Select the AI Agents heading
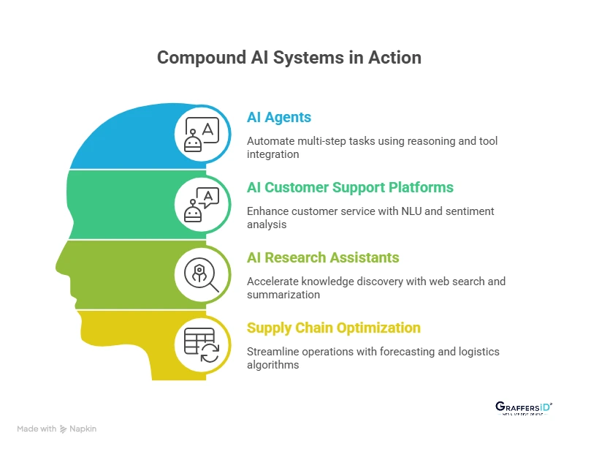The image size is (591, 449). (278, 117)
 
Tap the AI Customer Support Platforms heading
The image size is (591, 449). (350, 187)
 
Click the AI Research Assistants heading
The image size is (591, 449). (323, 257)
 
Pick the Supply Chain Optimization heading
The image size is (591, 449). (333, 328)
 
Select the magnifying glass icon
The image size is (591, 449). (202, 275)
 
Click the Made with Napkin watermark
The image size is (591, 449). (56, 429)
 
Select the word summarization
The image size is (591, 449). (283, 295)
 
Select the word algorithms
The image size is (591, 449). (273, 365)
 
